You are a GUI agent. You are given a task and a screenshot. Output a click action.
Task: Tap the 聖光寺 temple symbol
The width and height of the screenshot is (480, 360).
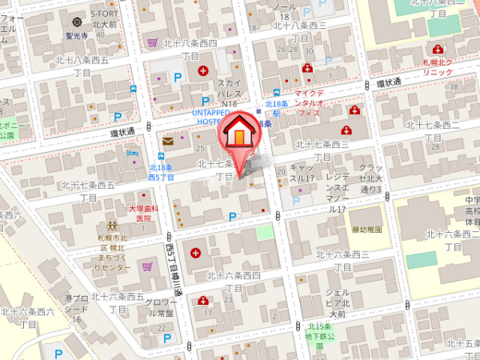pos(77,22)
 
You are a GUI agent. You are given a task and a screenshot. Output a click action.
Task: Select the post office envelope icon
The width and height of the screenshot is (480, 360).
pos(168,141)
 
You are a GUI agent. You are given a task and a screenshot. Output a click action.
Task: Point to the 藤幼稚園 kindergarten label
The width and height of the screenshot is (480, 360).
pos(366,230)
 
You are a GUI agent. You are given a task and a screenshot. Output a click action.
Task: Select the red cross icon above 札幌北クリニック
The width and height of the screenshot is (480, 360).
pos(438,50)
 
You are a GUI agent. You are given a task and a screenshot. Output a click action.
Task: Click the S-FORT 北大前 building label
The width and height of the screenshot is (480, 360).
pos(105,19)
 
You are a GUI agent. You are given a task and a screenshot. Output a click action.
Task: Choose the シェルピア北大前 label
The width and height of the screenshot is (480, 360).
pos(338,303)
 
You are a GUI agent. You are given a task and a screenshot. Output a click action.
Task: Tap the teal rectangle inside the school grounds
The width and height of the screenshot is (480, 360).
pos(422,260)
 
